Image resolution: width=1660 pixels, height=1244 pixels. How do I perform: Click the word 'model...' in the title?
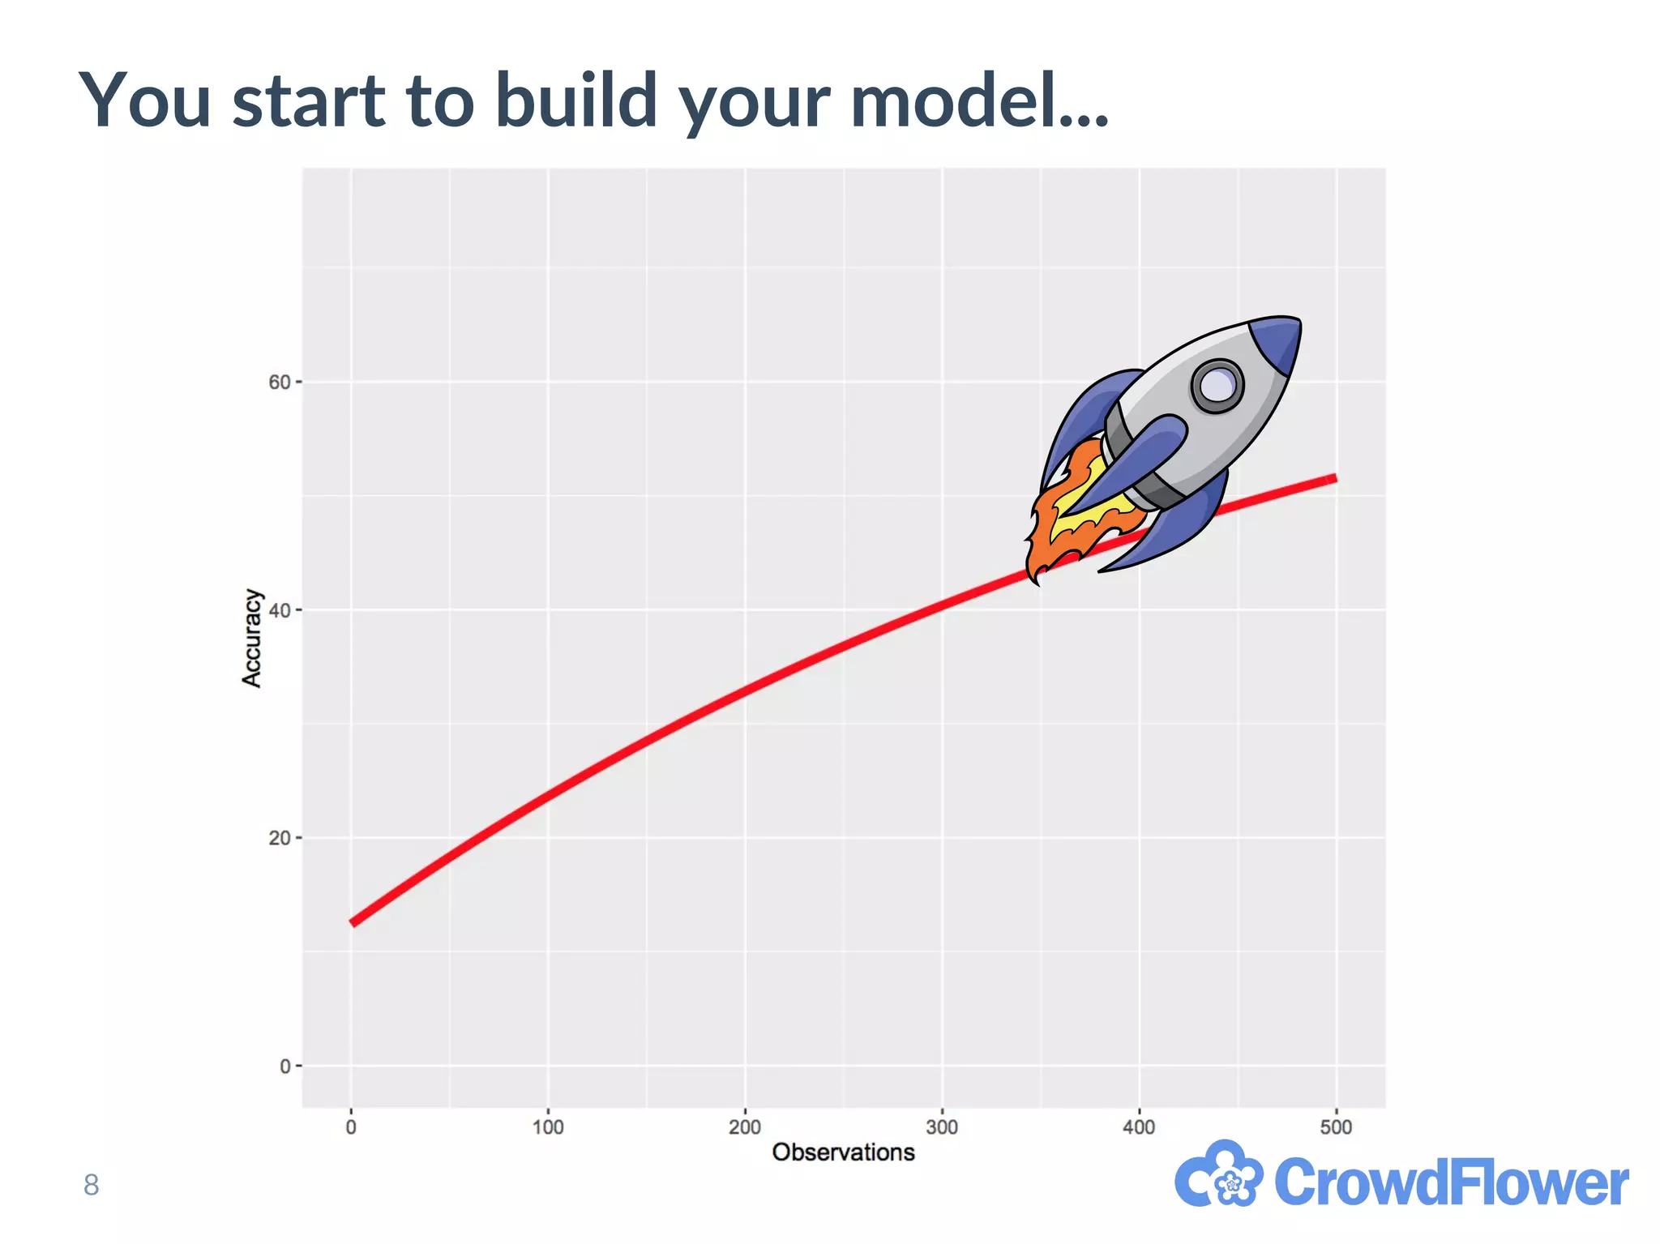[x=979, y=101]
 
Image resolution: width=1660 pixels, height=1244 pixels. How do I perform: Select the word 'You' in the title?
[x=145, y=101]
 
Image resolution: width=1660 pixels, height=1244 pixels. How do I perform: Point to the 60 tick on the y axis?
[x=279, y=382]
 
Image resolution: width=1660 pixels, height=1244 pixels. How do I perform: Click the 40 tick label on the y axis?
[x=279, y=610]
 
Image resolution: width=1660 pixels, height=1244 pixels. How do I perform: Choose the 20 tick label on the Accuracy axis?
[x=279, y=838]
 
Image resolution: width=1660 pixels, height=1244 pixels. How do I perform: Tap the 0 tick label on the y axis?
[x=285, y=1067]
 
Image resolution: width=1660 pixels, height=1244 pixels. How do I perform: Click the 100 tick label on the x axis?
[x=548, y=1127]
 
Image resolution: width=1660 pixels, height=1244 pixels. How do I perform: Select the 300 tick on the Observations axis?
[x=942, y=1127]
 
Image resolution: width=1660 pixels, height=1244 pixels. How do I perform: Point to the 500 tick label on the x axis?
[x=1336, y=1127]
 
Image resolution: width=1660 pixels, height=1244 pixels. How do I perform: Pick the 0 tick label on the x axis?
[x=351, y=1127]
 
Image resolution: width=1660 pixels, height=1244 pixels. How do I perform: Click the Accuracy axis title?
[x=252, y=639]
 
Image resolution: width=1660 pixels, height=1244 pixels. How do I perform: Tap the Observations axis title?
[x=843, y=1152]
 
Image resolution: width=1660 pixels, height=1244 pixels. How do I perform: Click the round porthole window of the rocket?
[x=1217, y=386]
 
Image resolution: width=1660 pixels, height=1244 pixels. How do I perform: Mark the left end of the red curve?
[x=353, y=921]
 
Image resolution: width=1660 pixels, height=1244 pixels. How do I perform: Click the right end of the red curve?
[x=1333, y=479]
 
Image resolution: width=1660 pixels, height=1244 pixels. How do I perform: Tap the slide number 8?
[x=91, y=1186]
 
